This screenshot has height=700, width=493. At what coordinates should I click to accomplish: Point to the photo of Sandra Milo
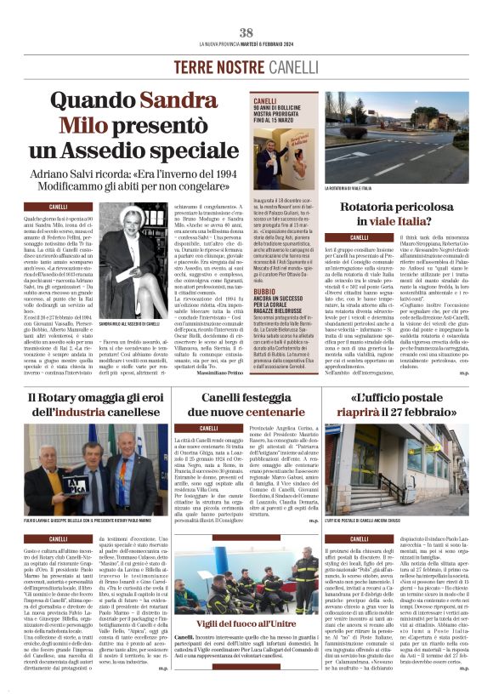click(x=139, y=261)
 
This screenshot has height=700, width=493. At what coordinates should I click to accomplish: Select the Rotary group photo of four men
click(x=86, y=465)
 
